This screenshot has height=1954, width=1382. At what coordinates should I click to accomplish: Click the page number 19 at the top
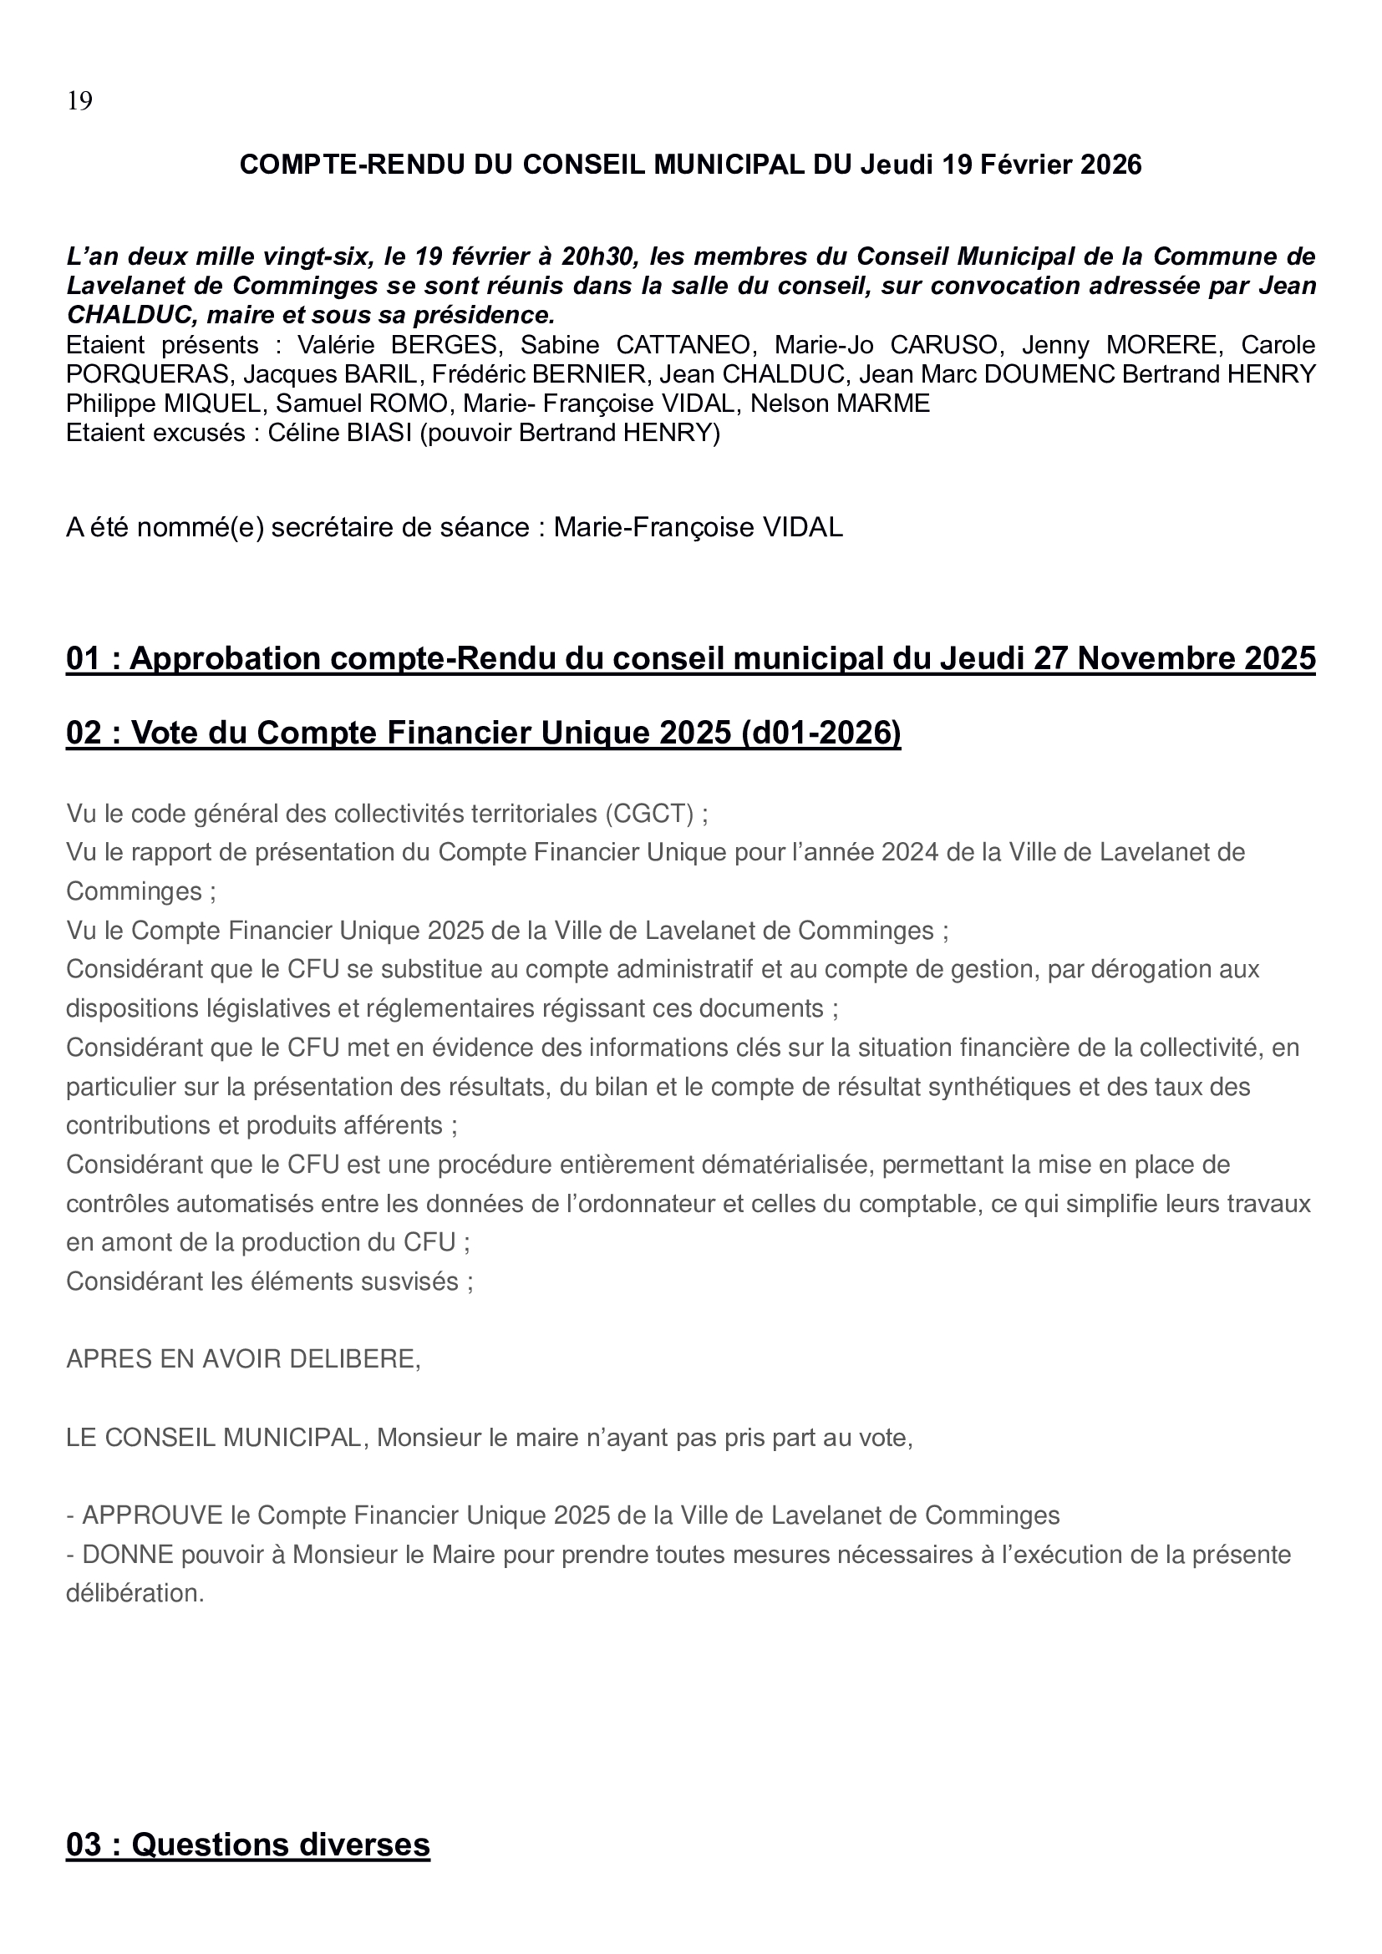pyautogui.click(x=79, y=102)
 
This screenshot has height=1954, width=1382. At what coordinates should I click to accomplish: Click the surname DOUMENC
pyautogui.click(x=1034, y=374)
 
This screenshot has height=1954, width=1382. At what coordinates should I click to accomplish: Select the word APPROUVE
pyautogui.click(x=152, y=1515)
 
